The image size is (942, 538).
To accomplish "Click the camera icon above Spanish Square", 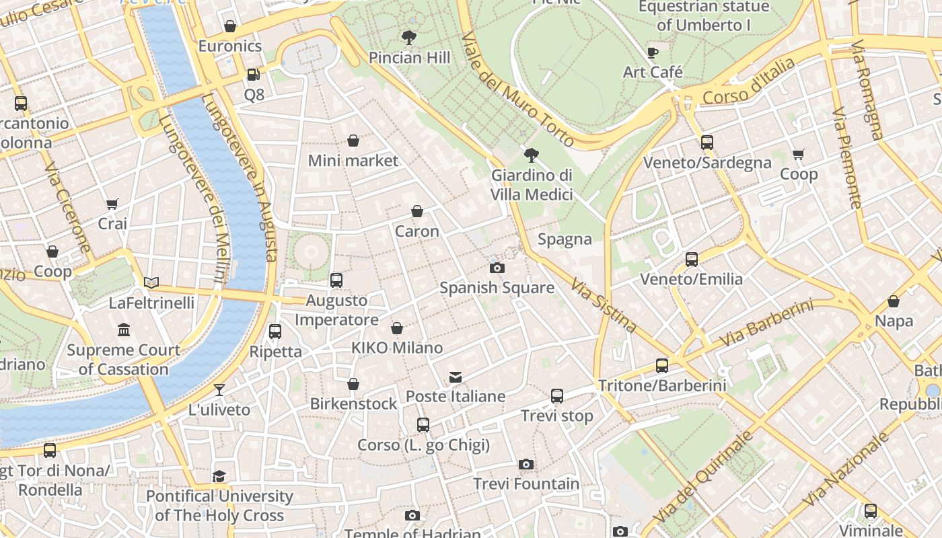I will (497, 268).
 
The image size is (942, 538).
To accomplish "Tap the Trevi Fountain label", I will (526, 484).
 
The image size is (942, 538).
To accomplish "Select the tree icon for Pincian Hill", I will (408, 38).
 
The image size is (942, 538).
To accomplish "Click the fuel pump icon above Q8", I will (254, 75).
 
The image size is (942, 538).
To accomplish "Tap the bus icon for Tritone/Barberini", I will (662, 366).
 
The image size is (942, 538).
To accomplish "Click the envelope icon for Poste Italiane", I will (456, 377).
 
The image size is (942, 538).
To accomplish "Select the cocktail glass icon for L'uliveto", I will (219, 390).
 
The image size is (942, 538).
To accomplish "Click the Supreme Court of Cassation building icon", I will (124, 330).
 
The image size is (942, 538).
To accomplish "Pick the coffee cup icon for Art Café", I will (652, 52).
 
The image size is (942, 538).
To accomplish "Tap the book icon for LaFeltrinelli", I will (151, 283).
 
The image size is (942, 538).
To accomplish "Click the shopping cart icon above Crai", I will (112, 204).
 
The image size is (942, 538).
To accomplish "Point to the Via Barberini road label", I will (766, 324).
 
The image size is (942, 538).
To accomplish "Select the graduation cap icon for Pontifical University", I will (219, 477).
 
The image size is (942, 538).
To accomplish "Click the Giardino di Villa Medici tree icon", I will (532, 156).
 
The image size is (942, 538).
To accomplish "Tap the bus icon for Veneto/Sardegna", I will (706, 143).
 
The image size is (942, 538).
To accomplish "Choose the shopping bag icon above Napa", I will (894, 301).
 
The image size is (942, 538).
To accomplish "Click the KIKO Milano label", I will (397, 348).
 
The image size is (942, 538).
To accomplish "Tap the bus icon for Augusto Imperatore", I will (336, 280).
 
